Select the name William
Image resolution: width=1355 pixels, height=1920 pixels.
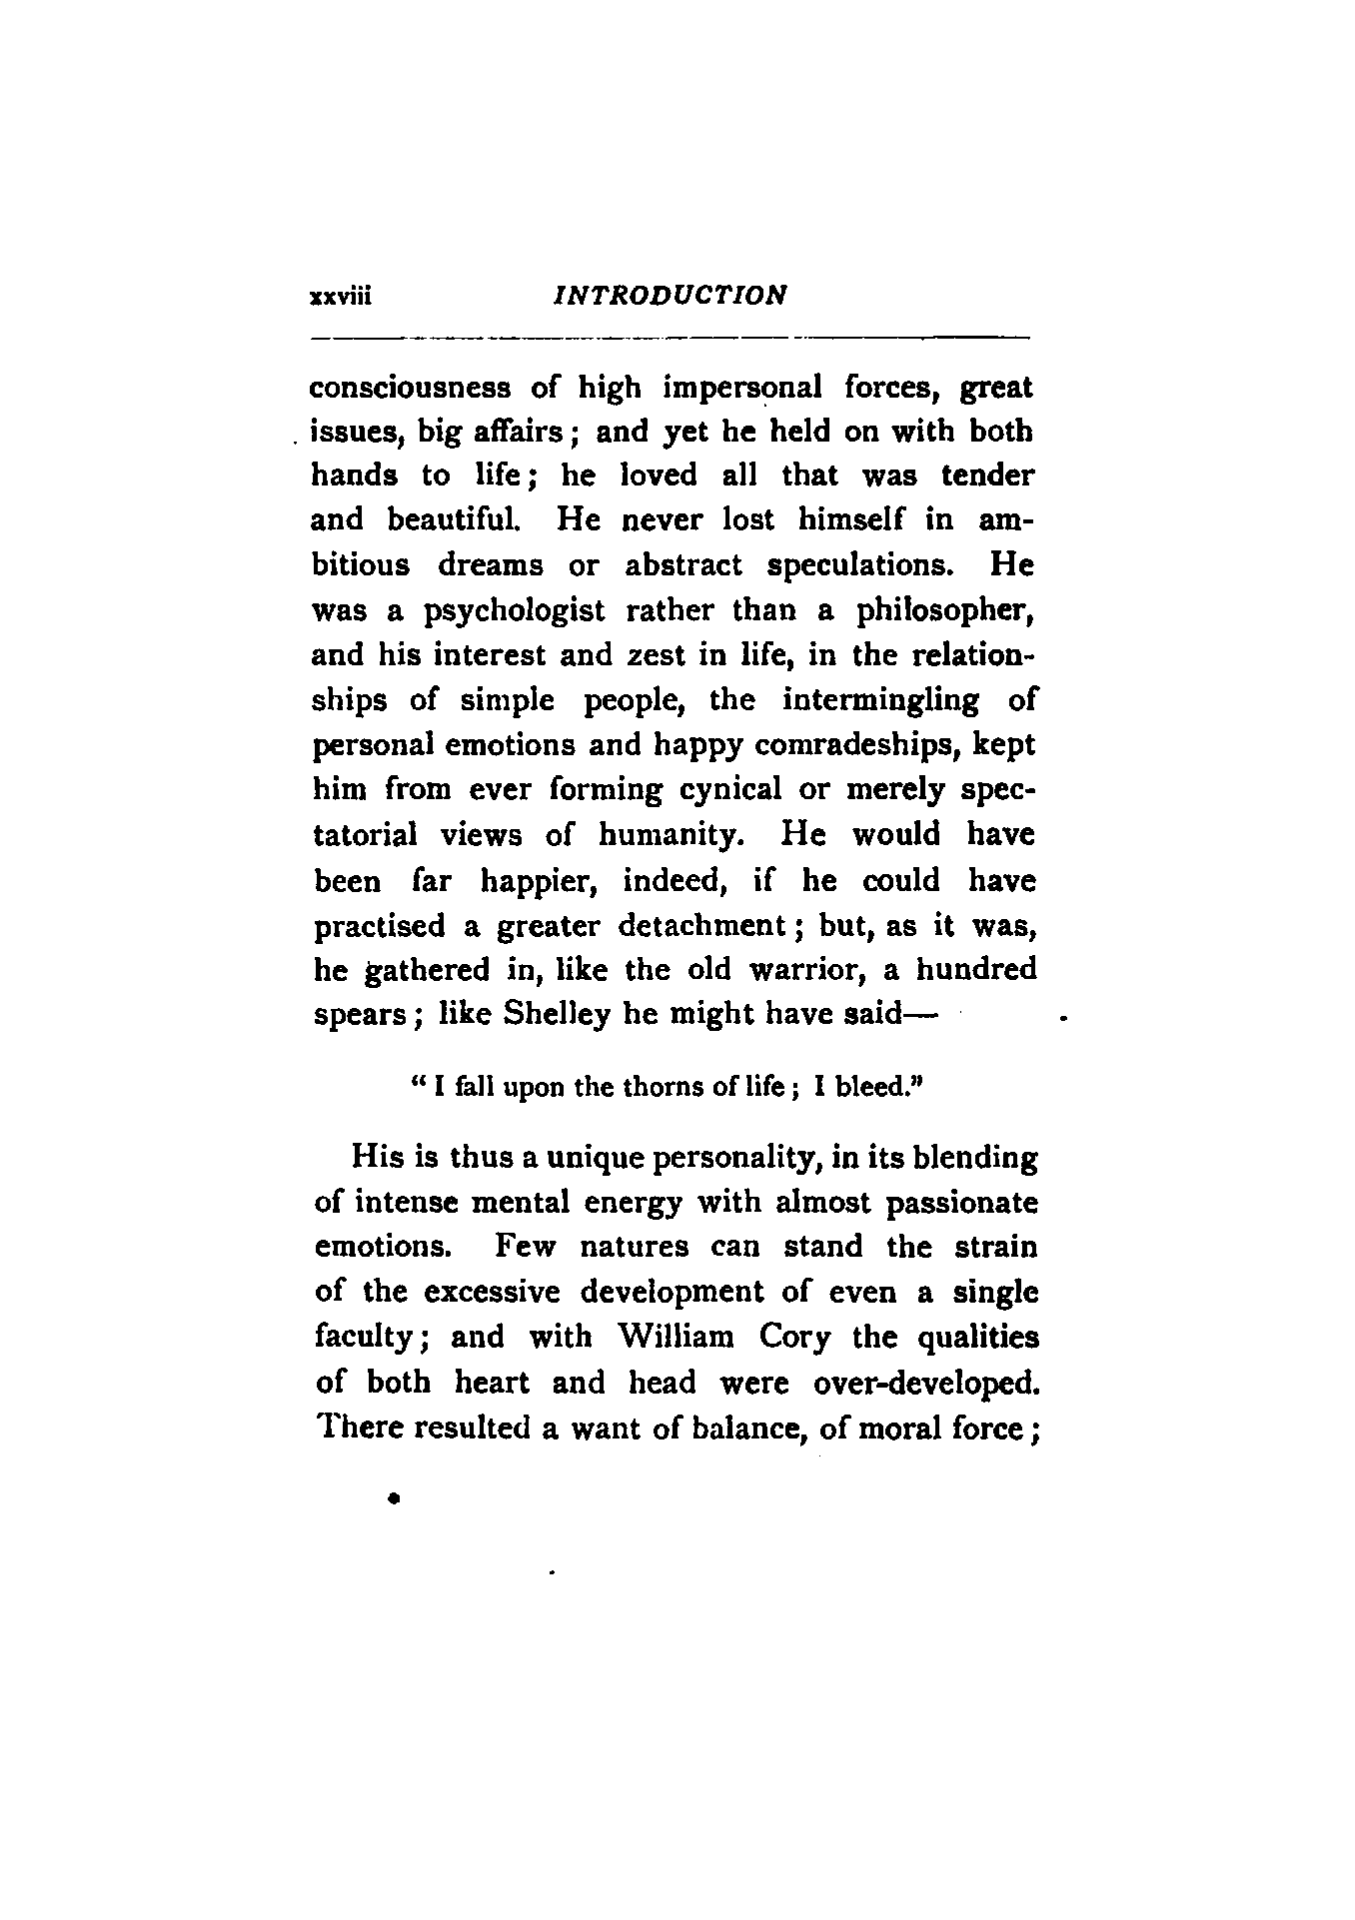pos(677,1338)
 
